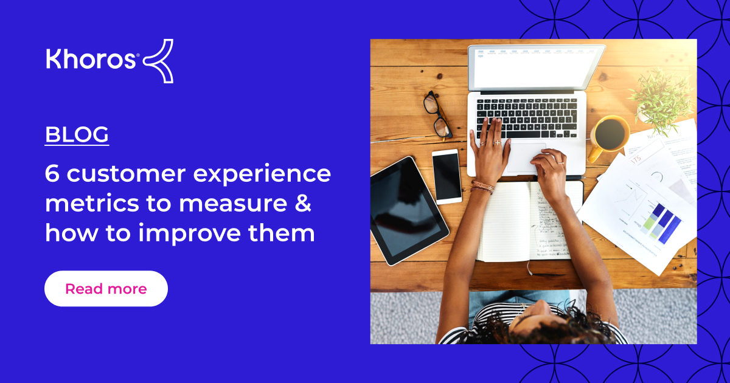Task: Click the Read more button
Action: (106, 289)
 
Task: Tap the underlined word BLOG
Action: (77, 134)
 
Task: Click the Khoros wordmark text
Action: (91, 60)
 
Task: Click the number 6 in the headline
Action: (52, 174)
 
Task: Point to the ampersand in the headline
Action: (302, 204)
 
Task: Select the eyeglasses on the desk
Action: (437, 115)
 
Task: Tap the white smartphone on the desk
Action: (447, 176)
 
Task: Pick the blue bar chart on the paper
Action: (661, 222)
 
